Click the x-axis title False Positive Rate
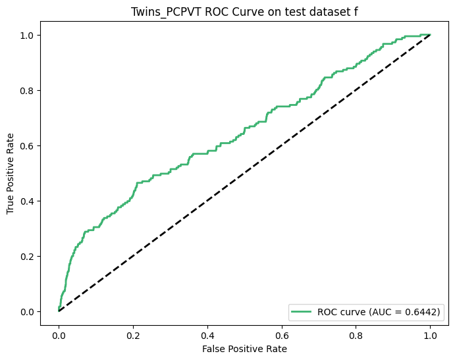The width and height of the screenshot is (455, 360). click(x=244, y=348)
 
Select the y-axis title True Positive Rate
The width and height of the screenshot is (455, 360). click(x=11, y=172)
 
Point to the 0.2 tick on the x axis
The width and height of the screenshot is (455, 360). click(x=133, y=331)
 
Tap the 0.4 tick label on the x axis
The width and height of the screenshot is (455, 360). click(x=207, y=331)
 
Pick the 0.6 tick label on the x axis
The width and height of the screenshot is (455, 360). click(x=282, y=331)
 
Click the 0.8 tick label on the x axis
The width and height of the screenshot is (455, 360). click(x=356, y=331)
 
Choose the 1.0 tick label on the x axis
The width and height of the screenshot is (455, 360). click(x=431, y=331)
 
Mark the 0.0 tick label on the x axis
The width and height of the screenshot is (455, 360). click(x=59, y=331)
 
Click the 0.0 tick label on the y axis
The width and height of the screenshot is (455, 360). click(x=29, y=311)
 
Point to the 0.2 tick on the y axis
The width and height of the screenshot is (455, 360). click(x=29, y=256)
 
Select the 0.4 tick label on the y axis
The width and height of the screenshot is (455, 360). click(x=29, y=201)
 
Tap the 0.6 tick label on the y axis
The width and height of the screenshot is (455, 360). click(x=29, y=145)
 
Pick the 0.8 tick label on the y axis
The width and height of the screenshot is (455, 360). click(x=29, y=90)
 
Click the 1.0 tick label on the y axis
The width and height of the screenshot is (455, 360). click(x=29, y=35)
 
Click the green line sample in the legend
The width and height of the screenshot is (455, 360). click(x=302, y=312)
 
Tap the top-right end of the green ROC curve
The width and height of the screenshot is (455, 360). click(x=431, y=34)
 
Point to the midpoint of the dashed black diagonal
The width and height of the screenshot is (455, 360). click(x=244, y=172)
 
